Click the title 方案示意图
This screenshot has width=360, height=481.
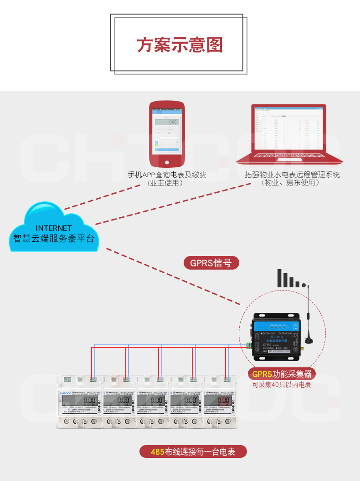click(x=180, y=45)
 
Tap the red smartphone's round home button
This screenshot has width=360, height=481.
click(x=167, y=162)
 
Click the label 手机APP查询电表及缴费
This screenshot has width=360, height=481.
click(x=167, y=175)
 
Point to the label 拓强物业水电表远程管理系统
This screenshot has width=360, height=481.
click(x=292, y=175)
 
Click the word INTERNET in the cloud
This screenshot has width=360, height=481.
click(x=54, y=228)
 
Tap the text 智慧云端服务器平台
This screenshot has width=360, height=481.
click(x=54, y=238)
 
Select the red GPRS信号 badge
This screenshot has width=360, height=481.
click(x=211, y=263)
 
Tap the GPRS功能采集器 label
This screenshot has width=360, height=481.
click(x=282, y=374)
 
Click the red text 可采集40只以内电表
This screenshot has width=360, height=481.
click(x=282, y=385)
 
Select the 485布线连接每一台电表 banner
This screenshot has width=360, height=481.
click(x=193, y=452)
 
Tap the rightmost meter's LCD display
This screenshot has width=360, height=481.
click(x=217, y=401)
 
